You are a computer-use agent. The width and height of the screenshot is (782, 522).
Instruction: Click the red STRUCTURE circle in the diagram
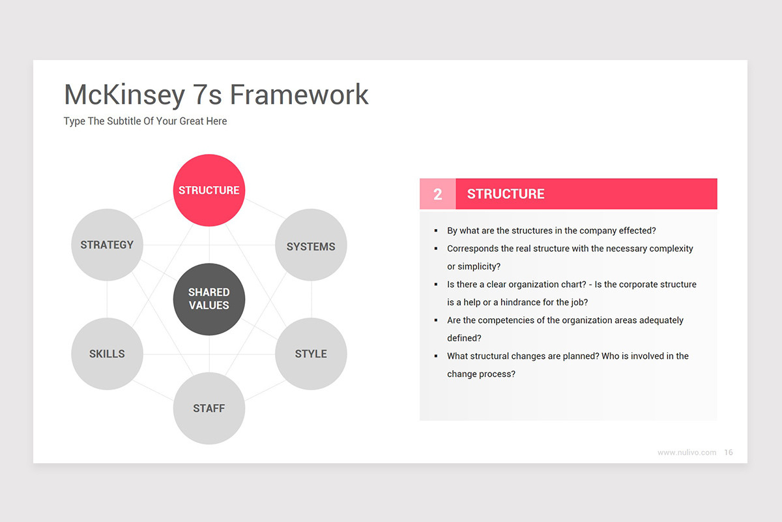pyautogui.click(x=209, y=190)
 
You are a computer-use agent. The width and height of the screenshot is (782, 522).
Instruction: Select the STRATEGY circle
pyautogui.click(x=107, y=245)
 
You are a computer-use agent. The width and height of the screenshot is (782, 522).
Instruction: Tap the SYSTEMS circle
pyautogui.click(x=311, y=245)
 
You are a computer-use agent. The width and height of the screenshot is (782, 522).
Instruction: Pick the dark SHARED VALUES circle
pyautogui.click(x=209, y=299)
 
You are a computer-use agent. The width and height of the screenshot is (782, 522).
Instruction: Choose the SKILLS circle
pyautogui.click(x=107, y=354)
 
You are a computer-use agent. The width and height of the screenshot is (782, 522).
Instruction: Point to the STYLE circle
pyautogui.click(x=311, y=354)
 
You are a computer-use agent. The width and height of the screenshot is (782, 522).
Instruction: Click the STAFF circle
pyautogui.click(x=209, y=408)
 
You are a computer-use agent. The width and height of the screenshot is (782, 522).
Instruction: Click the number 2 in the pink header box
pyautogui.click(x=438, y=194)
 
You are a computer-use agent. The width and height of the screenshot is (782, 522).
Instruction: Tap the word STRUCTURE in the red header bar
pyautogui.click(x=506, y=194)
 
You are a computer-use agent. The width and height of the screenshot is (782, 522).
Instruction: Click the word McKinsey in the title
pyautogui.click(x=124, y=95)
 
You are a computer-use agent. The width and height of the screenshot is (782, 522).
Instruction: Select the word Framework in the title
pyautogui.click(x=299, y=95)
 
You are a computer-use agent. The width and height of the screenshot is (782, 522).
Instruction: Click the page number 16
pyautogui.click(x=729, y=452)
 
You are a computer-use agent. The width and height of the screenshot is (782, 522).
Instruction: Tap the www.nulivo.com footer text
pyautogui.click(x=687, y=452)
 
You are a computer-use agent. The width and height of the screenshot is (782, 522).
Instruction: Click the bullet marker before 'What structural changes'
pyautogui.click(x=436, y=356)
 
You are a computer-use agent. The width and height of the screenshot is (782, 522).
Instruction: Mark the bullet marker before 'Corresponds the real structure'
pyautogui.click(x=436, y=249)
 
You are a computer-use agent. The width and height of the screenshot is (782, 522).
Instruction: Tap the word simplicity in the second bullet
pyautogui.click(x=479, y=267)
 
